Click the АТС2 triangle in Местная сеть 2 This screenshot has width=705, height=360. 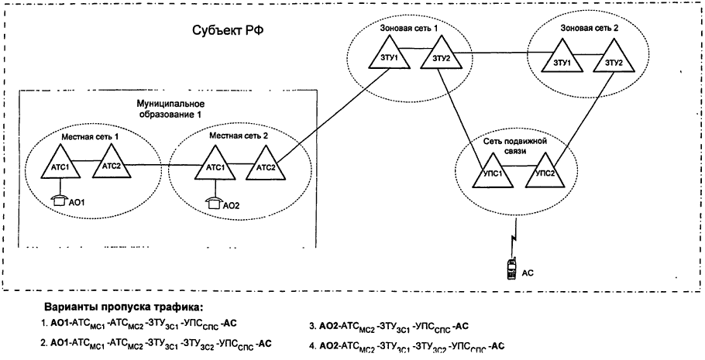[263, 165]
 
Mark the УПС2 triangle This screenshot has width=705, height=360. [545, 170]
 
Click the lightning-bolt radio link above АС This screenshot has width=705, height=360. [512, 233]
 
